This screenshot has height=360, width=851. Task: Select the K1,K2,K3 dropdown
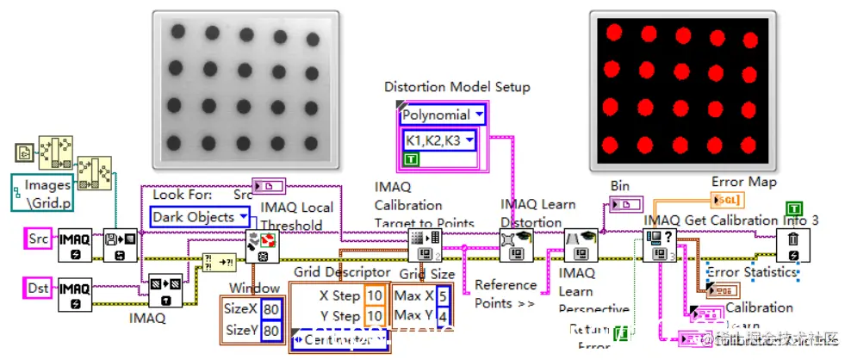(439, 140)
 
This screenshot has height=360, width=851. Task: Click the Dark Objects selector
(202, 217)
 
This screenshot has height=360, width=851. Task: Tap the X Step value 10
(375, 295)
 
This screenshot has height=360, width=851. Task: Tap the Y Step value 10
(375, 316)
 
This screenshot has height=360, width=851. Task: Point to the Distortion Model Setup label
(457, 87)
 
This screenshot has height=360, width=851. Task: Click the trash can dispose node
(792, 246)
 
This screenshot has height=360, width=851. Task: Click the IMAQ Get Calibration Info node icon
(658, 246)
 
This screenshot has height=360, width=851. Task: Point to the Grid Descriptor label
(342, 273)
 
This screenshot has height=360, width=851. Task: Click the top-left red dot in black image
(614, 32)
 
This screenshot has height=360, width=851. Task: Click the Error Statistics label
(751, 273)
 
